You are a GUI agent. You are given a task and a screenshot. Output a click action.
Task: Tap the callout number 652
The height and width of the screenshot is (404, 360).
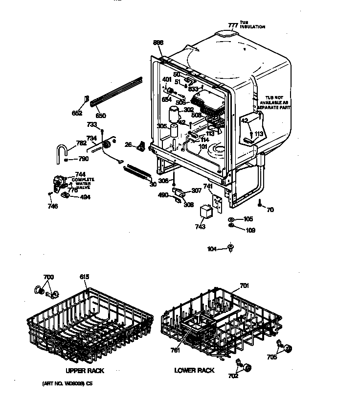[77, 113]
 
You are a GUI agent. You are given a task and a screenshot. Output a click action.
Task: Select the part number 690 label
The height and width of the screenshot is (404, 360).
[101, 116]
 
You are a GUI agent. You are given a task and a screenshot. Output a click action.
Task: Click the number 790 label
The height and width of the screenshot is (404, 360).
[83, 160]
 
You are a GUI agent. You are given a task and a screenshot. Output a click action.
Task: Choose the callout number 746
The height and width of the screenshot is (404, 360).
[52, 206]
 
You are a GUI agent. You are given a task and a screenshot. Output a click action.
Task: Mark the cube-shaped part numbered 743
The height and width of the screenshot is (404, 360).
[206, 212]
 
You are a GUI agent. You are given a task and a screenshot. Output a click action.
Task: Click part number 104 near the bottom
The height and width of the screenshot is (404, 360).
[212, 249]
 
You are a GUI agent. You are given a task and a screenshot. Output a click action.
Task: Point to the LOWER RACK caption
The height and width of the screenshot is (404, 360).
[194, 371]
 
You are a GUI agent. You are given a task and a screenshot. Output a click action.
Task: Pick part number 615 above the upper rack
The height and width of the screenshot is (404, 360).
[85, 277]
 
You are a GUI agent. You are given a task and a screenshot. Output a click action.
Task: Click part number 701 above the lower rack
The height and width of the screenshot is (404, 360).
[245, 285]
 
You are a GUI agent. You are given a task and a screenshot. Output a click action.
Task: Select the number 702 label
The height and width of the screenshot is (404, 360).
[233, 376]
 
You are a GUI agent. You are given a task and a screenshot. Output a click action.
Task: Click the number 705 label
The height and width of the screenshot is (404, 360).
[271, 357]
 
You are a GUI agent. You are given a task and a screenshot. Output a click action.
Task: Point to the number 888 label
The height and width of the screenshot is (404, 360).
[158, 42]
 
